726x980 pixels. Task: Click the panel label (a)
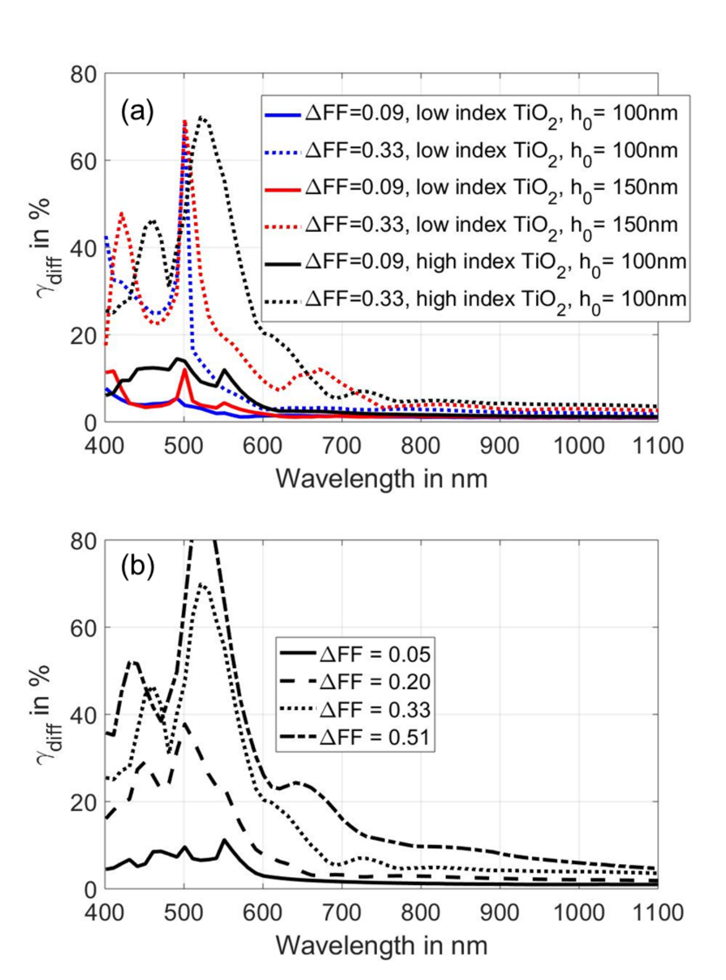137,111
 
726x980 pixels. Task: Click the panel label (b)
137,566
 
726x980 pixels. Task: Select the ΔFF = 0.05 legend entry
355,654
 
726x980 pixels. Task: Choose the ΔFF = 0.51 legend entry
355,737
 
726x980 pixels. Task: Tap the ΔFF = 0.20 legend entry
355,682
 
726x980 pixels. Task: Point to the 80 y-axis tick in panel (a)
84,74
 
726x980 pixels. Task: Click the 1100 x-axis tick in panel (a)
658,446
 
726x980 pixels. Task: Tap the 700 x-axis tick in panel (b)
342,913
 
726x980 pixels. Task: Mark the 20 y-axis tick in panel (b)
84,802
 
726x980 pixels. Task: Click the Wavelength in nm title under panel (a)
382,479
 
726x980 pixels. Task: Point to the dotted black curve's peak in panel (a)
201,117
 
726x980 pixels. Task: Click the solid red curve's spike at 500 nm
184,369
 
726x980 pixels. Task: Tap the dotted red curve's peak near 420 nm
121,213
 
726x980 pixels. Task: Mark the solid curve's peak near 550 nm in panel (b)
224,840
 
